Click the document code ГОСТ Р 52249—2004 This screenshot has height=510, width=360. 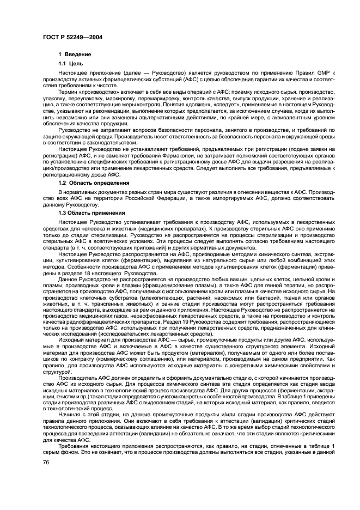[70, 37]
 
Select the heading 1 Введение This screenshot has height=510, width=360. [75, 54]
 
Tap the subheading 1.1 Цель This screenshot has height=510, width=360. [70, 63]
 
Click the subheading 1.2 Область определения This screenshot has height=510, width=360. [94, 183]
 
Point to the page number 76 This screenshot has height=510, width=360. [46, 462]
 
